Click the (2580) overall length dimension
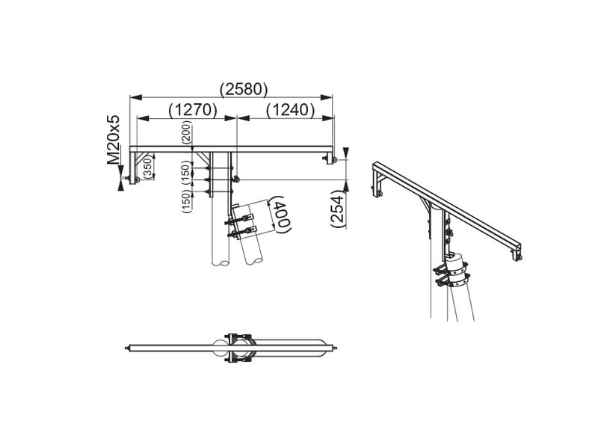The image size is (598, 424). click(244, 89)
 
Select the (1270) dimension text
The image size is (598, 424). click(193, 109)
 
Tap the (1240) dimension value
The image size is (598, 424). click(291, 109)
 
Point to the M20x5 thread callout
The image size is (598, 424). click(113, 140)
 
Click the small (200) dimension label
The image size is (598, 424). click(187, 132)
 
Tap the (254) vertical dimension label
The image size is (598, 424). click(338, 210)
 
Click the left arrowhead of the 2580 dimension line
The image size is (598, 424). click(136, 97)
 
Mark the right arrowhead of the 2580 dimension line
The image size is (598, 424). click(327, 97)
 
